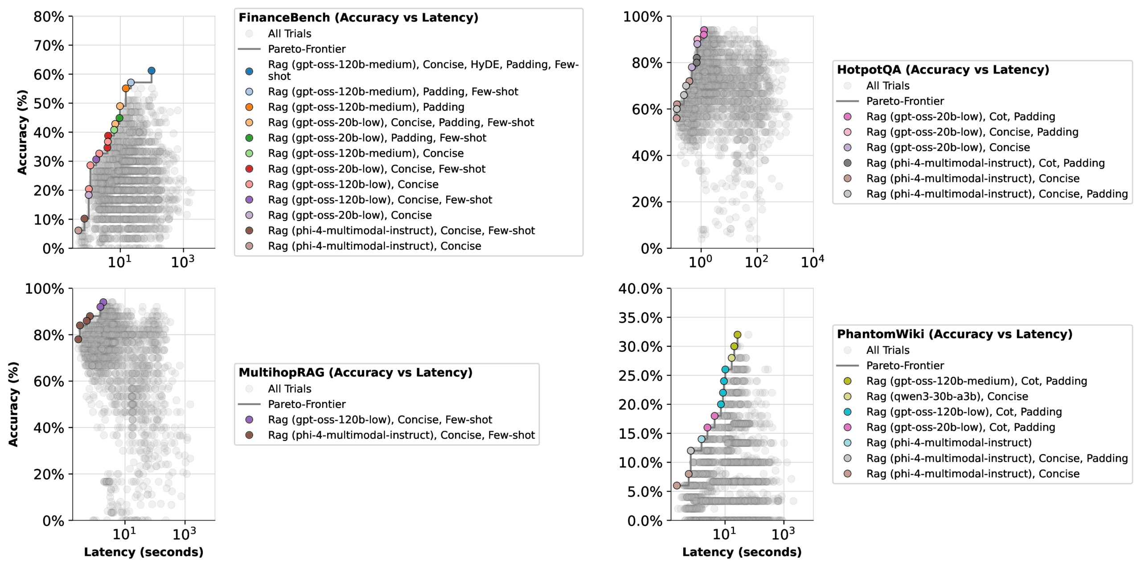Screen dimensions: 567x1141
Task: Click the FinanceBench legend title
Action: [x=358, y=17]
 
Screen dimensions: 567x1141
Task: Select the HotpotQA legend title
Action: [x=943, y=70]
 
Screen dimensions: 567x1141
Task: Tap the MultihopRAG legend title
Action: [x=355, y=372]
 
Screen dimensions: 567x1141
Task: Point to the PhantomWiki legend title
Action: [x=954, y=334]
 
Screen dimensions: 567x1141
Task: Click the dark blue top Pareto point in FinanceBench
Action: [x=152, y=71]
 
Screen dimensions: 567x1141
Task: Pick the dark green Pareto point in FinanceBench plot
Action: [x=119, y=118]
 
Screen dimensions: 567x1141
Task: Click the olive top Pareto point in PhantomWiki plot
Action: [x=737, y=335]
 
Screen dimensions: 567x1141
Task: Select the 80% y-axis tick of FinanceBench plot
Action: [x=49, y=17]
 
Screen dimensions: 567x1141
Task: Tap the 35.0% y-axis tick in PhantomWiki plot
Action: [x=640, y=318]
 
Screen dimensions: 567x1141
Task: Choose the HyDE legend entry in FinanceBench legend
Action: [x=423, y=70]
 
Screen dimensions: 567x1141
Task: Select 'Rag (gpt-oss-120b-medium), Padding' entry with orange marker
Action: [x=365, y=107]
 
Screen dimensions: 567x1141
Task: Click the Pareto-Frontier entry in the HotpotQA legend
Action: [x=905, y=101]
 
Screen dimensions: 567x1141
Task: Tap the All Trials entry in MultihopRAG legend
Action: [x=289, y=389]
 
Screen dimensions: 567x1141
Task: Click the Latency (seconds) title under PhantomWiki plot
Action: [x=742, y=552]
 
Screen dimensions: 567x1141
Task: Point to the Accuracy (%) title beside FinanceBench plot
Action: [x=22, y=132]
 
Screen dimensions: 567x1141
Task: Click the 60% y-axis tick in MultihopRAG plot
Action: [x=49, y=382]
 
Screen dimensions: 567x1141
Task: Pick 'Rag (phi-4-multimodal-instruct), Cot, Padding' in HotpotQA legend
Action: [x=985, y=163]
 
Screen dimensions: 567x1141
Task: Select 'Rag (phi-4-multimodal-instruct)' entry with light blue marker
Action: [x=948, y=443]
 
